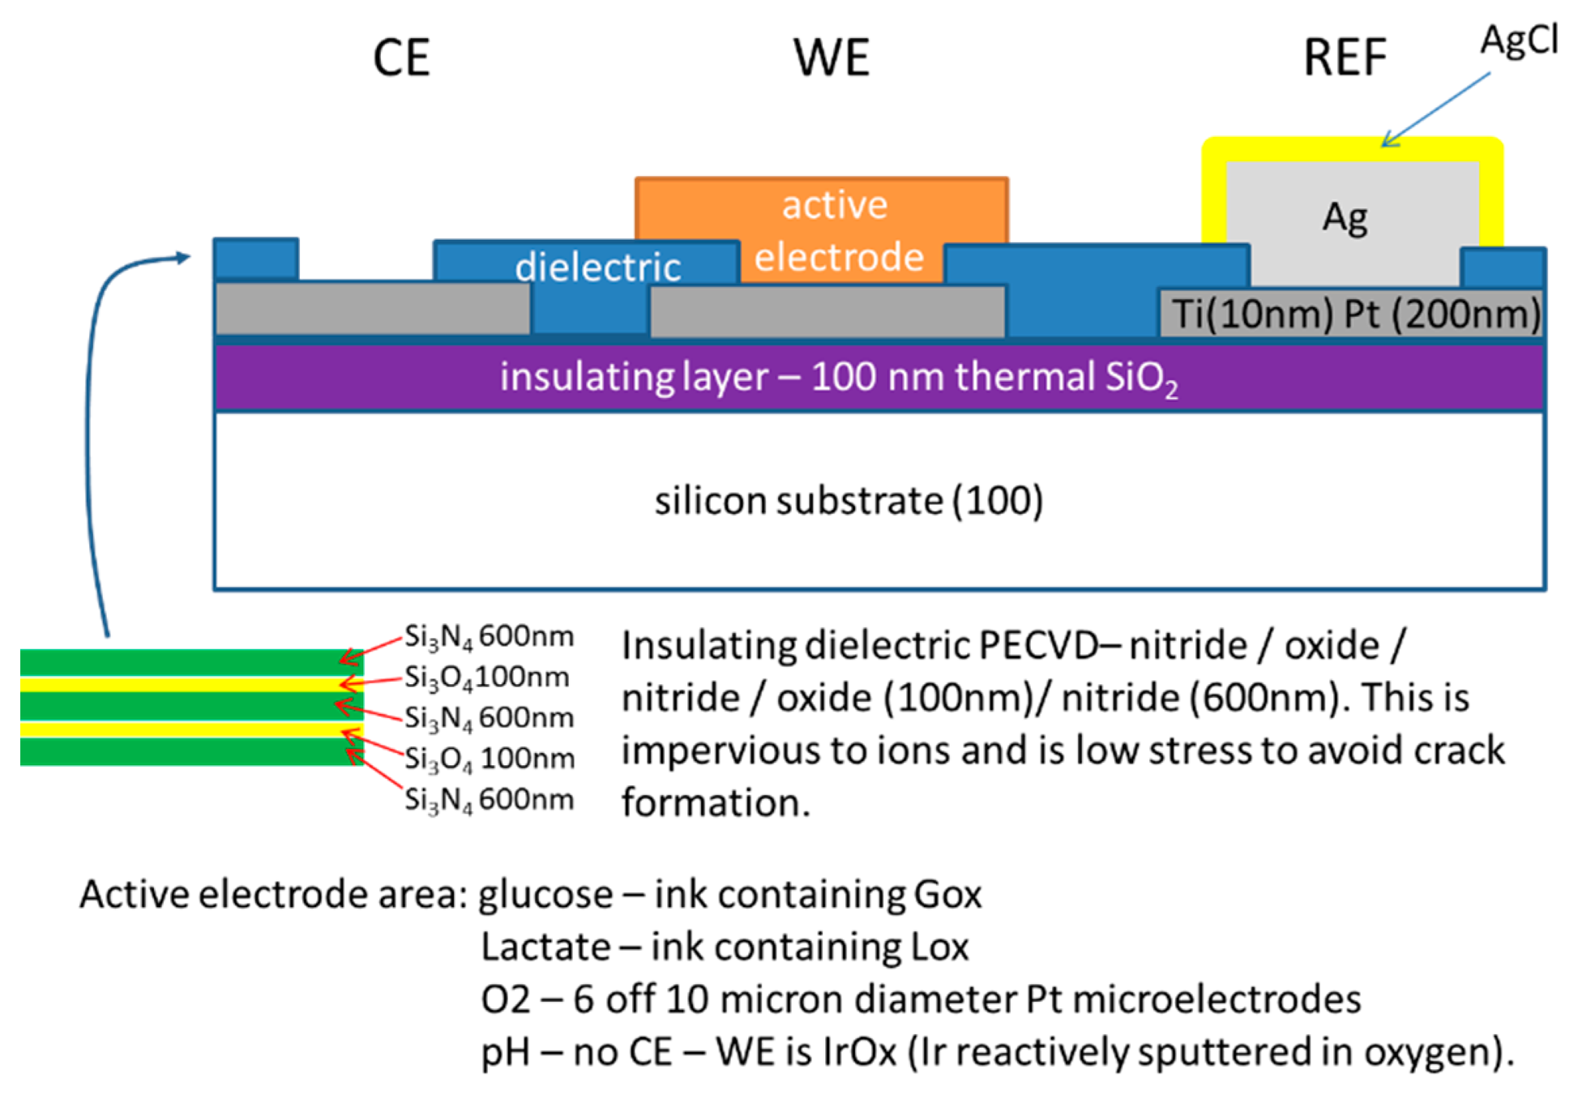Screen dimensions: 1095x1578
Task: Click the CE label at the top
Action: coord(401,58)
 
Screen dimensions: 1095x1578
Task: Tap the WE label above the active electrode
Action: coord(832,58)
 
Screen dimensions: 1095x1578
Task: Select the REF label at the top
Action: coord(1345,58)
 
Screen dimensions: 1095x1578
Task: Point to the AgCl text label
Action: coord(1518,39)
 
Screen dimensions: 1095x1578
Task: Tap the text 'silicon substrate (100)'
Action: coord(849,501)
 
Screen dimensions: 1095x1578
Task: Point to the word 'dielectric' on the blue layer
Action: coord(597,267)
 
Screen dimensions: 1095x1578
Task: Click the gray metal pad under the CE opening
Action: coord(372,309)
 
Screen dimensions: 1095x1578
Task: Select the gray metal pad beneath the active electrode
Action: coord(827,311)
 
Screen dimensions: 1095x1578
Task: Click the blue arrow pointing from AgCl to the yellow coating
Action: coord(1435,109)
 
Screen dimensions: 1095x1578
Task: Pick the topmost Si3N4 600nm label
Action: coord(489,637)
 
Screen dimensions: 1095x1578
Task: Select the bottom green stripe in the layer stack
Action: coord(191,751)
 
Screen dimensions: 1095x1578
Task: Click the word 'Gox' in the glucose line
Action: coord(947,895)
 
